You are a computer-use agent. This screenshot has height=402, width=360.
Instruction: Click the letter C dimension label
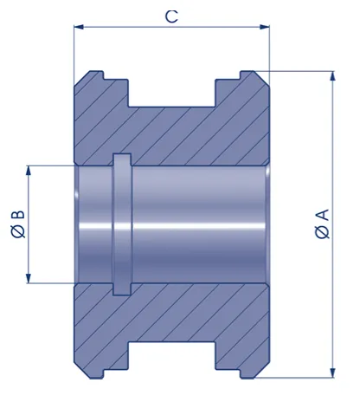[171, 16]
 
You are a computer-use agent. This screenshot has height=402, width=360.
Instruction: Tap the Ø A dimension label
[322, 224]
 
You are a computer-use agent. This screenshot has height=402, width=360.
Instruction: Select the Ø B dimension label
[18, 224]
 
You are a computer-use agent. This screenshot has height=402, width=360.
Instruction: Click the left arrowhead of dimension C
[79, 27]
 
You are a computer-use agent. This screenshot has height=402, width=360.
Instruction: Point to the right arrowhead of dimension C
[265, 27]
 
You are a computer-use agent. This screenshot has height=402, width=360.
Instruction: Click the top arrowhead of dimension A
[333, 75]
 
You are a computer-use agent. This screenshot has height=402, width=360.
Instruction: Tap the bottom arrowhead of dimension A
[333, 373]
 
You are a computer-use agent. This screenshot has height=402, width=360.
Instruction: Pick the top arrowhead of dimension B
[29, 171]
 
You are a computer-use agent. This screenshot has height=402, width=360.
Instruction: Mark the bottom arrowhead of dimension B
[29, 278]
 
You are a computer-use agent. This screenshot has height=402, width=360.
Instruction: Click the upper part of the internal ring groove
[122, 159]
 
